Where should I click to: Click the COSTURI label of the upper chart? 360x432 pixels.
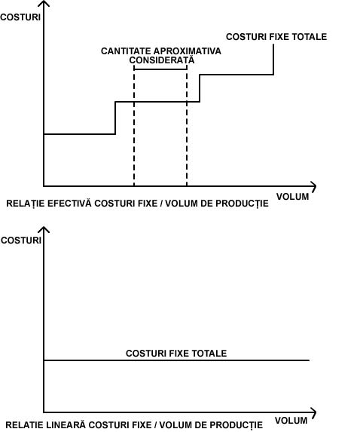(x=20, y=17)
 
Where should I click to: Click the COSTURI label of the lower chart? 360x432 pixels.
(x=21, y=241)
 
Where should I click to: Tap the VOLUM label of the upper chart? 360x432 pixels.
(x=292, y=197)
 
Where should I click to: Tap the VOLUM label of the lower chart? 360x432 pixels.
(x=291, y=421)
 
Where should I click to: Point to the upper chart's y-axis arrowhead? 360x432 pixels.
(x=44, y=3)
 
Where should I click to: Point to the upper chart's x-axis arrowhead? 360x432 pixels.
(x=313, y=186)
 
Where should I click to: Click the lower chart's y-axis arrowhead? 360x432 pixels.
(x=44, y=229)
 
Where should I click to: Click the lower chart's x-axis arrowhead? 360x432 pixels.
(x=313, y=412)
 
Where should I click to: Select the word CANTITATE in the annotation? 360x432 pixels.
(x=126, y=51)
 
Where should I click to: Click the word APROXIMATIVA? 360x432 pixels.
(x=188, y=51)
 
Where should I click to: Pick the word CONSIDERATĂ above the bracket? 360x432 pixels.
(x=162, y=60)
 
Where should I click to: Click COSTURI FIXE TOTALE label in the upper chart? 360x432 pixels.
(x=276, y=37)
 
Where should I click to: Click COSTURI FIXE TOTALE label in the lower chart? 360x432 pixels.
(x=176, y=353)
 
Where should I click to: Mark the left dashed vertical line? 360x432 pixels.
(x=134, y=126)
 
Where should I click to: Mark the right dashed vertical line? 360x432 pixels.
(x=187, y=126)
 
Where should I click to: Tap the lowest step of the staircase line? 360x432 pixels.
(x=79, y=134)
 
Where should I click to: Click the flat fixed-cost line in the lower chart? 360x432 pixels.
(x=176, y=360)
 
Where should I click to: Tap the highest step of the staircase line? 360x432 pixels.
(x=236, y=75)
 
